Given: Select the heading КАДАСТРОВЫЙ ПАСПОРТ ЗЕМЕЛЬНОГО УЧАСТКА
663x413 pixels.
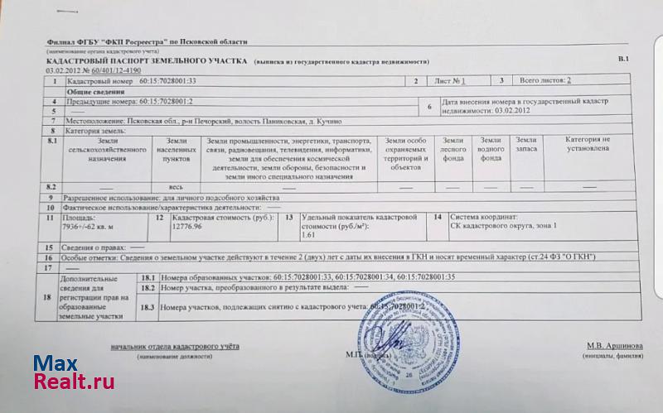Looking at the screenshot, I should [x=147, y=61].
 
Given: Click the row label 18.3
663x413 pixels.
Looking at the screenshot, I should [x=148, y=307].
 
